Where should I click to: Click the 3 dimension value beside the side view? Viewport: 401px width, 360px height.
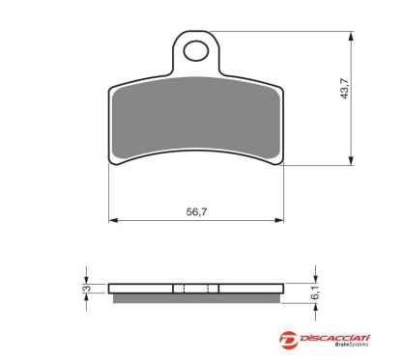point(85,288)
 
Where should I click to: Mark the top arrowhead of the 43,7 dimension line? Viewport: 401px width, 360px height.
point(348,35)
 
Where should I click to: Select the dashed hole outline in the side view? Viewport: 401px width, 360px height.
point(196,288)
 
